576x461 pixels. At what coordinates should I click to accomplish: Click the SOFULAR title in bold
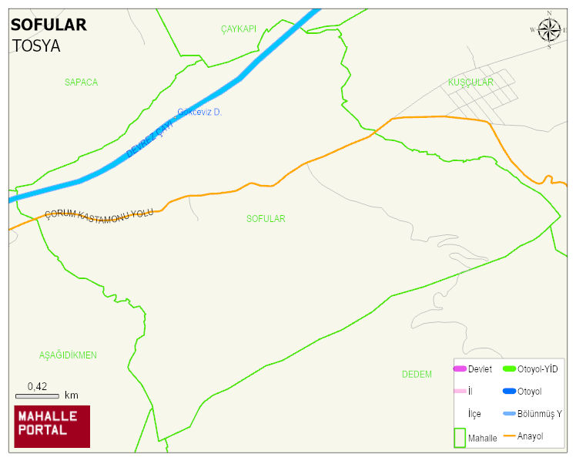point(49,25)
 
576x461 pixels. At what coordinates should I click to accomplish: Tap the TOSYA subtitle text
point(36,45)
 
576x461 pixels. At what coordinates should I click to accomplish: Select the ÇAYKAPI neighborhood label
point(238,29)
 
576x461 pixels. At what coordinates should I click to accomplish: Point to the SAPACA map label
point(81,82)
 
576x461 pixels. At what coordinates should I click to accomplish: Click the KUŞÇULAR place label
point(470,82)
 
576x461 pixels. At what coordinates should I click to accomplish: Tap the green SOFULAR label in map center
point(266,219)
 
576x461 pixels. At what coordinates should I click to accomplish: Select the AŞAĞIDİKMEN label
point(68,355)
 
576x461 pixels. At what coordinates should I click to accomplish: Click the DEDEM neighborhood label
point(417,375)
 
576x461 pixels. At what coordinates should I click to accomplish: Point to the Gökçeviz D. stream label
point(199,113)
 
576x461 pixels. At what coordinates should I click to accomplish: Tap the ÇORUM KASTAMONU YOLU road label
point(99,213)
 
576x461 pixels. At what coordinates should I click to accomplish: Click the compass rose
point(549,30)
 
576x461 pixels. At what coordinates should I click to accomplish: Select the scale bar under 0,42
point(37,396)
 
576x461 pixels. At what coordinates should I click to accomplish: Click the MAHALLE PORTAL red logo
point(52,426)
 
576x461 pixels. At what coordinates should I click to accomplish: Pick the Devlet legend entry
point(473,369)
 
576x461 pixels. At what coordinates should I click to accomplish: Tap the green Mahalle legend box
point(459,437)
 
